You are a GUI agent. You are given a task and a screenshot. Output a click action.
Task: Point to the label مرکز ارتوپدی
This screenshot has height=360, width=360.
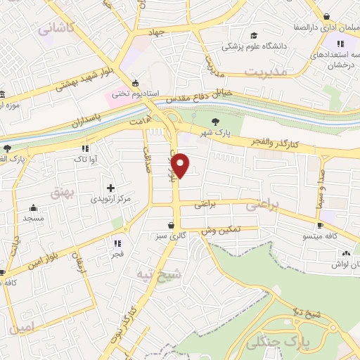pos(109,199)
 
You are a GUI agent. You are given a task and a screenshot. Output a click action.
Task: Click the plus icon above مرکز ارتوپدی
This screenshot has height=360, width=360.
pos(110,188)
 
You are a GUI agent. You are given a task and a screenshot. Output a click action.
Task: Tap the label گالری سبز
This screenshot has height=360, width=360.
pos(172,236)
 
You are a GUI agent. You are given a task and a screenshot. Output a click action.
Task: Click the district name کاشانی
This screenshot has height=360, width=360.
pos(58,29)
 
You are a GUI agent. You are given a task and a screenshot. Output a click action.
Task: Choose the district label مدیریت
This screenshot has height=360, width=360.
pos(266,72)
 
